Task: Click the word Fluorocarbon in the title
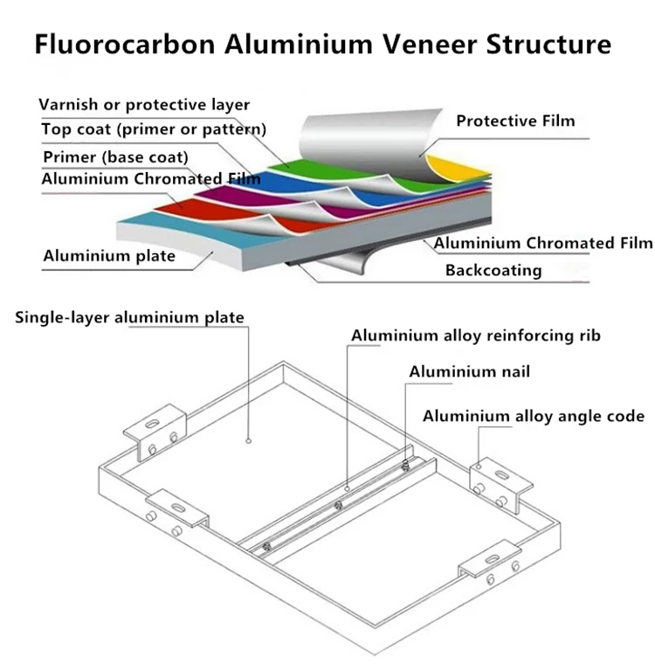[125, 44]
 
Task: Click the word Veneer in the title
[429, 44]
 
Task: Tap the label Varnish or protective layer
[144, 105]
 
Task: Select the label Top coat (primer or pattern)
[154, 129]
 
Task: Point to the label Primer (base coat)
[115, 157]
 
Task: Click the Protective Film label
[515, 121]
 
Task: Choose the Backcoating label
[493, 271]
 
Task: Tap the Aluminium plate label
[109, 256]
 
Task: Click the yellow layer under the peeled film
[456, 168]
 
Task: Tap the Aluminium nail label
[469, 371]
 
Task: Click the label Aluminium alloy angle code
[534, 416]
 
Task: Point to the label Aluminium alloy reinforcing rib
[476, 335]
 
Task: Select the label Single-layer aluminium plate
[129, 317]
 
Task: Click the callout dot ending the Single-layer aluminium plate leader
[248, 441]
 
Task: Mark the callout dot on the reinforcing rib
[347, 488]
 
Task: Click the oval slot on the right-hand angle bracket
[500, 474]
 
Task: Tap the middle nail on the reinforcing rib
[338, 505]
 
